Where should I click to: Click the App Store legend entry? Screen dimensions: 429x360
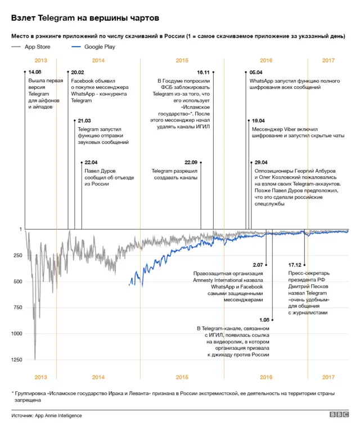point(34,47)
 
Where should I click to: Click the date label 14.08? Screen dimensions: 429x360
point(35,73)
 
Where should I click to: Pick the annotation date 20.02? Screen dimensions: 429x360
point(78,73)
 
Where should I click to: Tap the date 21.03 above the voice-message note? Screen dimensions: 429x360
point(84,121)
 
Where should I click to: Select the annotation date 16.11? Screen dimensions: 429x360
point(203,73)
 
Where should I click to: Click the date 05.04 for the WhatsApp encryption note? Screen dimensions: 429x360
point(256,73)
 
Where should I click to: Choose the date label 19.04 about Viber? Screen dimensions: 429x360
point(259,121)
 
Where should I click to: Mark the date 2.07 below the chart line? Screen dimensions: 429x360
point(258,265)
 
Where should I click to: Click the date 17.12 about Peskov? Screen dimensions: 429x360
point(295,265)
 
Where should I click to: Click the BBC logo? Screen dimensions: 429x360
point(339,415)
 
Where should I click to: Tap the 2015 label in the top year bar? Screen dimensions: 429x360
point(182,60)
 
